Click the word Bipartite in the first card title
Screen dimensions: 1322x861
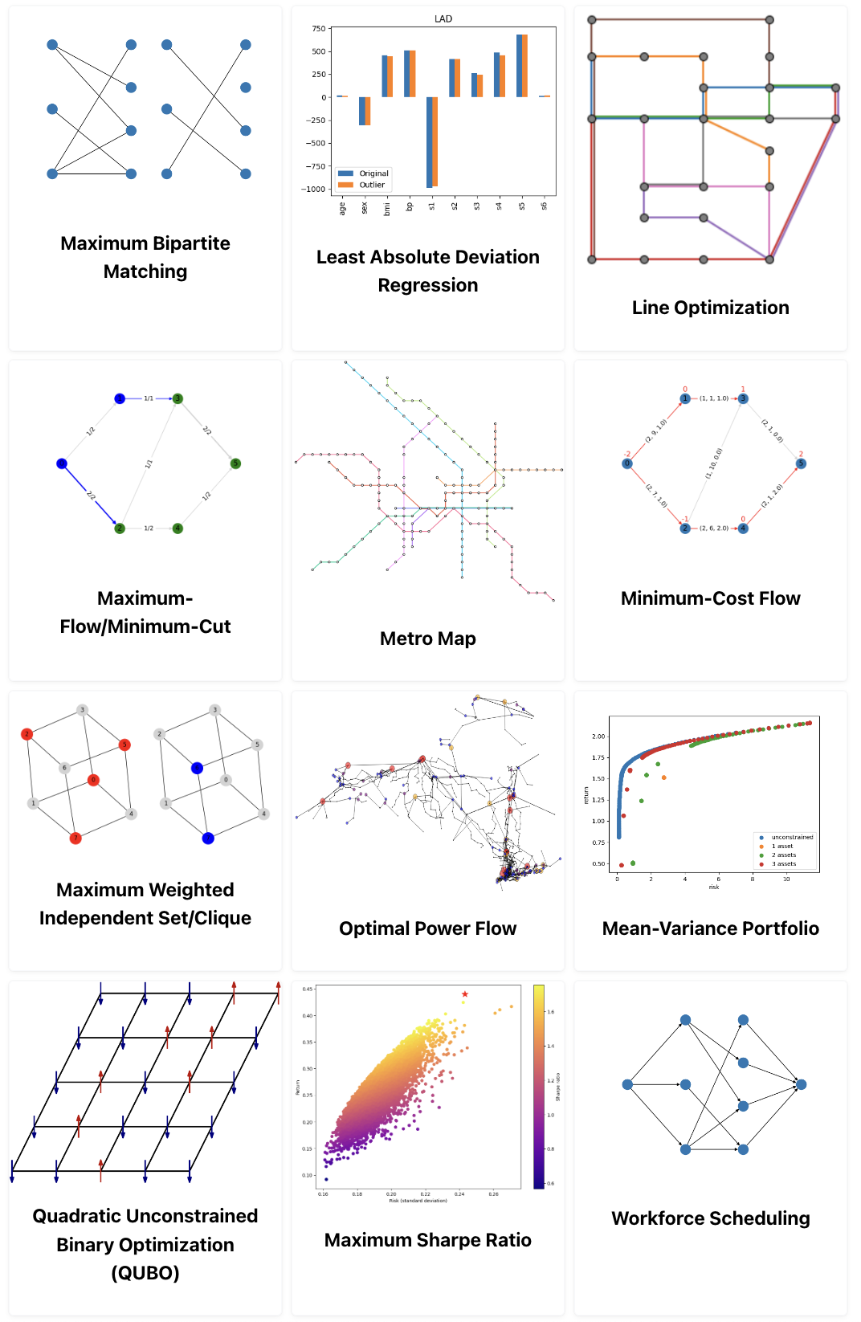click(x=190, y=243)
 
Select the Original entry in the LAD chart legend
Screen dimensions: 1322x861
click(x=373, y=173)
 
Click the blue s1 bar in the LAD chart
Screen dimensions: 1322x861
click(x=430, y=142)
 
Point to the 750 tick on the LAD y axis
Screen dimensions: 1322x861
click(x=319, y=29)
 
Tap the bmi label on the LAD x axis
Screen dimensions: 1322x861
click(x=387, y=209)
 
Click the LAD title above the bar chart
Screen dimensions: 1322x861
click(x=443, y=18)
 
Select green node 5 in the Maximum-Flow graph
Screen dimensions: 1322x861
click(x=235, y=463)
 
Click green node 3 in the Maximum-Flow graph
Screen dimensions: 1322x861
click(x=178, y=398)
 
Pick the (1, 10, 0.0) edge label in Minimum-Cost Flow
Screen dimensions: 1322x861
click(x=714, y=463)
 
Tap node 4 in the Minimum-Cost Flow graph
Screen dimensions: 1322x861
click(x=743, y=528)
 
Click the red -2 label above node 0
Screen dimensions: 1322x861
click(x=627, y=454)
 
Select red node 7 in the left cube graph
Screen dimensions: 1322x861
click(x=75, y=838)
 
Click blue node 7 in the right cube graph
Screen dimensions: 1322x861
click(x=208, y=838)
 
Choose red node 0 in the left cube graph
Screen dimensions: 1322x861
click(x=93, y=780)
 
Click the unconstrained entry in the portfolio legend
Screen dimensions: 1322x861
click(x=792, y=837)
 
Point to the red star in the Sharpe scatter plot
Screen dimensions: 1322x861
click(x=465, y=994)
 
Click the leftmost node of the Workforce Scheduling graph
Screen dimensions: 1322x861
click(x=627, y=1084)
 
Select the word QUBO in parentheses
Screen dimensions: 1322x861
click(x=145, y=1273)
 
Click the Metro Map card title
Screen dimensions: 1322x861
click(x=428, y=639)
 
